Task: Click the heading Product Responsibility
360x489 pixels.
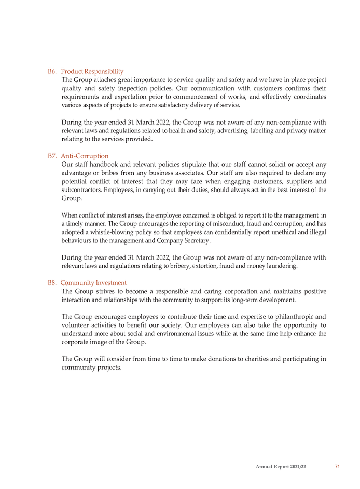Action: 92,71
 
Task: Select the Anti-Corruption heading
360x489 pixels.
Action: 85,156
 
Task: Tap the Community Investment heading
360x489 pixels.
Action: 93,283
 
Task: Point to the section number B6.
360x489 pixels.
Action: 52,71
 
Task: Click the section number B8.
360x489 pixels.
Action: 52,283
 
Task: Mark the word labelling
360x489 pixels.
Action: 250,131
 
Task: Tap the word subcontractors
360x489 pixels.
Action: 81,190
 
